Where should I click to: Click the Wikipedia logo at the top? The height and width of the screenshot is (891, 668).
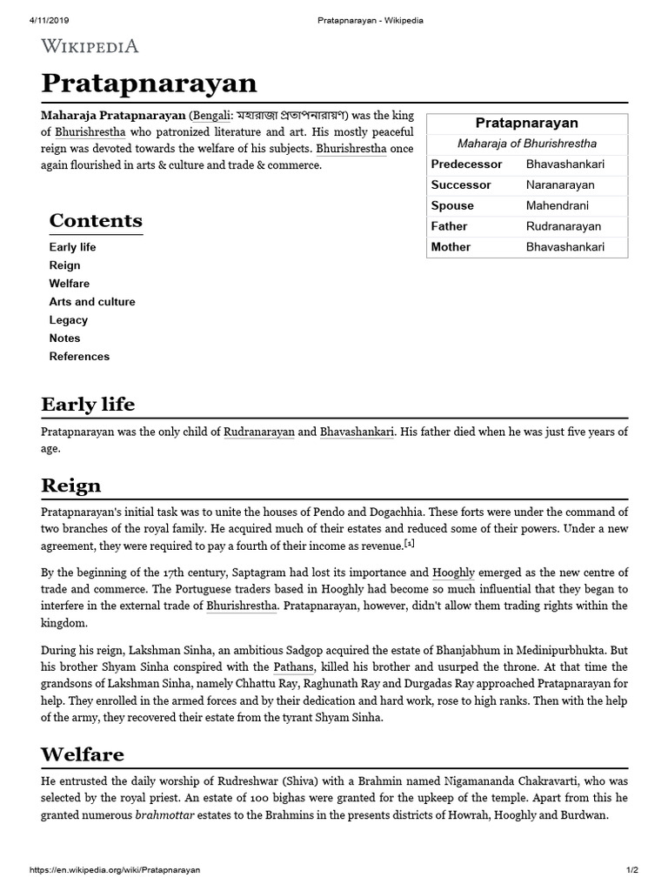[x=90, y=45]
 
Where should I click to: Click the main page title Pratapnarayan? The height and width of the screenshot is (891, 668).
[x=149, y=84]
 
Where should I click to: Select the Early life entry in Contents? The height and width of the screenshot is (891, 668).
[x=72, y=247]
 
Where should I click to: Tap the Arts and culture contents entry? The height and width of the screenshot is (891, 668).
[x=91, y=302]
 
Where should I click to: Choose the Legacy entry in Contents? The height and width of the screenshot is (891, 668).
[x=68, y=320]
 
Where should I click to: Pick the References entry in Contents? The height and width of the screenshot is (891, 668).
[x=79, y=357]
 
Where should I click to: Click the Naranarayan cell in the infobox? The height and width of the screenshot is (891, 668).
[x=560, y=185]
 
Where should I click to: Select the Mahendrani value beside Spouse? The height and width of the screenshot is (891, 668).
[x=557, y=206]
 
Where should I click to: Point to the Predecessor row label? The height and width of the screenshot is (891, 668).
[x=466, y=164]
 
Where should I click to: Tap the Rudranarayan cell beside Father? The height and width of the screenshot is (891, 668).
[x=563, y=227]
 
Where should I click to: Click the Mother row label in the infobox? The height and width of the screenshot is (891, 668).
[x=451, y=247]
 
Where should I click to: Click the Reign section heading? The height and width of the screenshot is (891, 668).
[x=71, y=485]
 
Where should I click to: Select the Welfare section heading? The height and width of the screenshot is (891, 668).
[x=83, y=754]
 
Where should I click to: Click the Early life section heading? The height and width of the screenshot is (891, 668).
[x=88, y=405]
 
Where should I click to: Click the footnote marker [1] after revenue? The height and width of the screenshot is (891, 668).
[x=411, y=543]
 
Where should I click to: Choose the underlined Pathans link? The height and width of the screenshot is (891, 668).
[x=293, y=667]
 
